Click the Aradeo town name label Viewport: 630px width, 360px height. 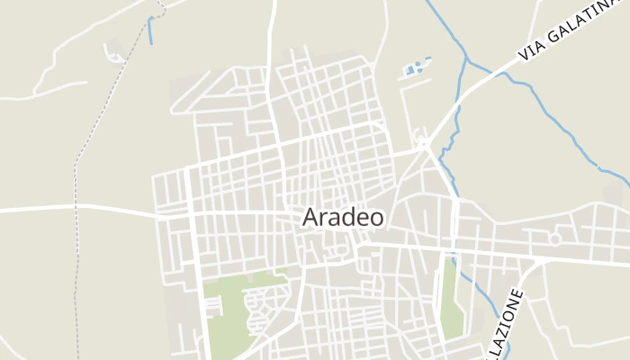(x=343, y=217)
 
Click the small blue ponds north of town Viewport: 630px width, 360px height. (x=415, y=67)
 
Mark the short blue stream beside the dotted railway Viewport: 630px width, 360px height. (x=149, y=31)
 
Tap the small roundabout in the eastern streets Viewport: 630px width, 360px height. (x=555, y=238)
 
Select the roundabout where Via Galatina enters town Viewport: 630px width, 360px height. (x=422, y=144)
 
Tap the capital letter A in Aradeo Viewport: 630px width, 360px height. (x=311, y=218)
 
